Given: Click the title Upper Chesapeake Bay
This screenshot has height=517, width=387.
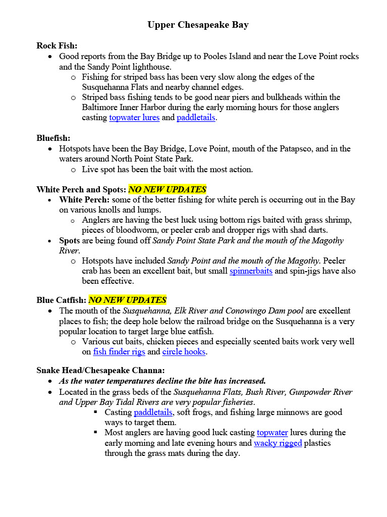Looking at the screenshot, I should (198, 25).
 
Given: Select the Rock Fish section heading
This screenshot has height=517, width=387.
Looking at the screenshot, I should (57, 46).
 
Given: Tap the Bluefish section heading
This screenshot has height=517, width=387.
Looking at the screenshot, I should (53, 138).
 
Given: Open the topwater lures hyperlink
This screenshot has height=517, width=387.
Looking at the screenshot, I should (134, 118).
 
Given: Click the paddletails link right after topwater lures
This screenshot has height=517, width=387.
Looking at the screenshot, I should (196, 118).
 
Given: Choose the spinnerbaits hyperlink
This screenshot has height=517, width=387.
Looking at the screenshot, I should (251, 271).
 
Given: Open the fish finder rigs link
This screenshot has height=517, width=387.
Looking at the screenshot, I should (119, 352).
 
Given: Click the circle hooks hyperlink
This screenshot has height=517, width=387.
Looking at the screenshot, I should (184, 352).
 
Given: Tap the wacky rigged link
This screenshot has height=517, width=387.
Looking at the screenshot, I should (278, 443).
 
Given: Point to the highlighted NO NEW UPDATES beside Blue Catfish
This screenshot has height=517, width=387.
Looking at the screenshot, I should (127, 300).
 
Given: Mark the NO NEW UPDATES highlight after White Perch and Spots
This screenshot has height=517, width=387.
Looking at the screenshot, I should (168, 190).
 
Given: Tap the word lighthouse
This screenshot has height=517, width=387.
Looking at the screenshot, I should (150, 67).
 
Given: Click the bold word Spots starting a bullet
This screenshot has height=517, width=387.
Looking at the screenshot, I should (69, 241).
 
